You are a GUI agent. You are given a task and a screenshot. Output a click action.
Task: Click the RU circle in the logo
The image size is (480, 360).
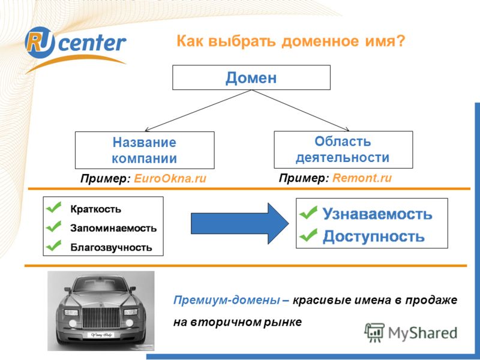tap(40, 42)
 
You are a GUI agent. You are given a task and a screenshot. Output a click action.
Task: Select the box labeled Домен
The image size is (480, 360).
tap(251, 77)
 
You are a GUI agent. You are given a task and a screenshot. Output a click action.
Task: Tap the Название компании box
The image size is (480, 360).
tap(145, 151)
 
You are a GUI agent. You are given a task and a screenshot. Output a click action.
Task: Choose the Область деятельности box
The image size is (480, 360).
tap(343, 149)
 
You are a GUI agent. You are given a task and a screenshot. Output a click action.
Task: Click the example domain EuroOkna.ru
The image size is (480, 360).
tap(170, 178)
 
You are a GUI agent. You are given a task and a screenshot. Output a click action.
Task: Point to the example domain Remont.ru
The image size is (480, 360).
tap(362, 178)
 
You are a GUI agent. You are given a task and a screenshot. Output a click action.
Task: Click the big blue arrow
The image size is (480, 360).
tap(239, 223)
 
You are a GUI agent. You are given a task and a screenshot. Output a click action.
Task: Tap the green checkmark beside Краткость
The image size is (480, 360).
tap(54, 207)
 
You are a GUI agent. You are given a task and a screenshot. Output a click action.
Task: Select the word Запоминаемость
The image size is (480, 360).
tap(113, 228)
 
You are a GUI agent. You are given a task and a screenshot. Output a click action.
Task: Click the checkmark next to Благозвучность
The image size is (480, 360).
tap(54, 245)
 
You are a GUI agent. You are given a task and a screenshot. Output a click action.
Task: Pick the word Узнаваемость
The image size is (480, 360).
tap(377, 214)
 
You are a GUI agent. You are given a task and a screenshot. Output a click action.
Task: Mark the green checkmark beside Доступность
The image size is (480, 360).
tap(308, 235)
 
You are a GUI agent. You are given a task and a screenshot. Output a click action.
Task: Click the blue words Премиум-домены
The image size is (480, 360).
tap(227, 300)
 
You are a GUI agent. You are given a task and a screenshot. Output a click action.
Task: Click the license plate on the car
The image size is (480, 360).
tap(101, 335)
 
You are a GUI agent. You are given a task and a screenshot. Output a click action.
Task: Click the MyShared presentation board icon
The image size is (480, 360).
tap(374, 332)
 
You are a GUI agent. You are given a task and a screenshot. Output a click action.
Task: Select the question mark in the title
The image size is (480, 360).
tap(400, 41)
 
